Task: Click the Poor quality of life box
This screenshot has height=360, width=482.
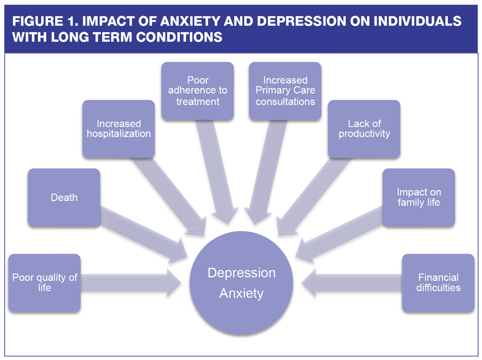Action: (44, 283)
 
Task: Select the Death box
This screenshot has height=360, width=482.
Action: (64, 198)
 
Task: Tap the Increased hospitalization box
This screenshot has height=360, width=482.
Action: (119, 129)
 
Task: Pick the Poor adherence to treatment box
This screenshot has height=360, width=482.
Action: (198, 91)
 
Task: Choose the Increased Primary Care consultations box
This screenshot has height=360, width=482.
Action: (285, 91)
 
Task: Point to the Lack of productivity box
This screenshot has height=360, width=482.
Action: (364, 129)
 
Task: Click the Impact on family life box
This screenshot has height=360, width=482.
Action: (418, 198)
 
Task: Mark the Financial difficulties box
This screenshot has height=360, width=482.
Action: (438, 283)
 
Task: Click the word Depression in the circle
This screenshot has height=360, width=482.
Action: (241, 273)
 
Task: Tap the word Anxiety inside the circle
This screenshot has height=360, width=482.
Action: (241, 293)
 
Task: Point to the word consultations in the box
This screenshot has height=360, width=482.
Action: (285, 102)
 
